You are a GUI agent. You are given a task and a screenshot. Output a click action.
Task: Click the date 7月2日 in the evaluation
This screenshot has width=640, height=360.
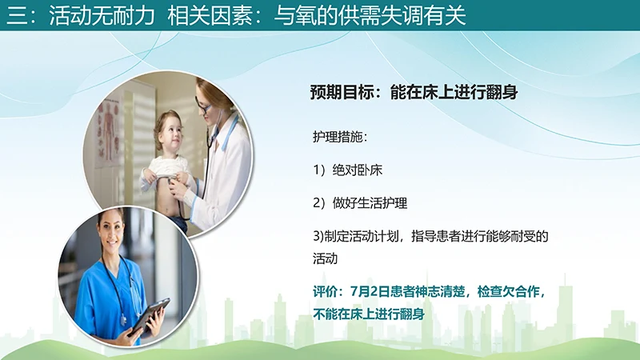360,290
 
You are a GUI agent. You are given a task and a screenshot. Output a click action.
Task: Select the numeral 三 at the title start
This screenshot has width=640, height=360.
15,16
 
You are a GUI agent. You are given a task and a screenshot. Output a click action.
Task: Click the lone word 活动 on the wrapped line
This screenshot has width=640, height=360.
326,259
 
